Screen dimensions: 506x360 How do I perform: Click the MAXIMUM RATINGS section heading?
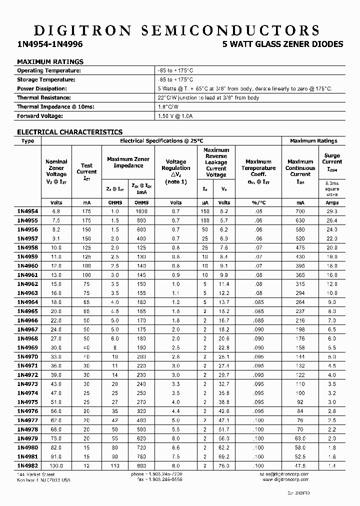(50, 61)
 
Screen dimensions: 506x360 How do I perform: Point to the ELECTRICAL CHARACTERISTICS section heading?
(69, 132)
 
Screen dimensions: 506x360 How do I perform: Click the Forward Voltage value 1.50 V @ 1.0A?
(175, 116)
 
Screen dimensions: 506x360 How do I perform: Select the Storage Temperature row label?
(46, 79)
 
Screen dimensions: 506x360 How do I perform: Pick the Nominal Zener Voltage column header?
(56, 171)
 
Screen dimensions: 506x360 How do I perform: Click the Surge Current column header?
(332, 162)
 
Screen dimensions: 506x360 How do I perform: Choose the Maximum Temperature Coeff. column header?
(258, 171)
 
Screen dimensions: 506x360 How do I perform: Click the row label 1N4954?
(27, 211)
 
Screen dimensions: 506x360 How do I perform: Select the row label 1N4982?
(27, 465)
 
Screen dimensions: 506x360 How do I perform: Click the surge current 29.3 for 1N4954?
(332, 211)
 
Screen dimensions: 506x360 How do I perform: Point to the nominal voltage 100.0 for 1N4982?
(56, 465)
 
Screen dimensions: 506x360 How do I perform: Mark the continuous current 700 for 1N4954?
(300, 211)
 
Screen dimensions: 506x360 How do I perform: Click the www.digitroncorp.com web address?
(284, 479)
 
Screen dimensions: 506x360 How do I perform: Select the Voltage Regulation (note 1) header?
(175, 171)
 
